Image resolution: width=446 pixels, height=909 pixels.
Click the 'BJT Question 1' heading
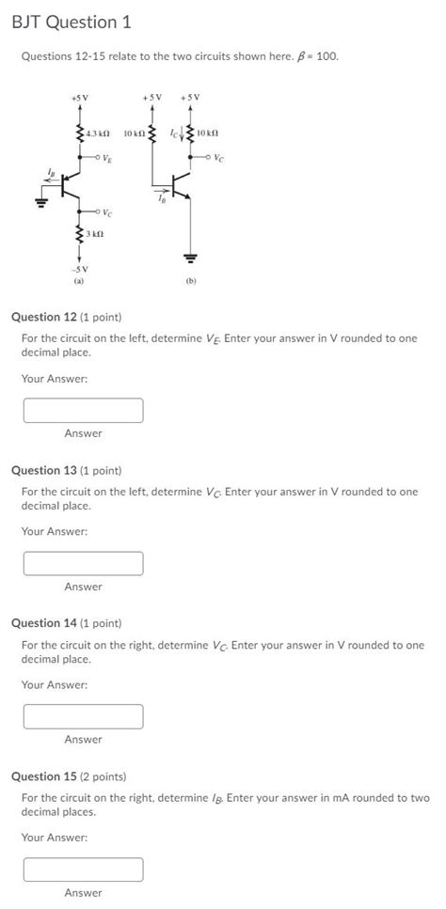click(x=71, y=22)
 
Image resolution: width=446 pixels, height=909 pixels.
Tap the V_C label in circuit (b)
click(x=219, y=157)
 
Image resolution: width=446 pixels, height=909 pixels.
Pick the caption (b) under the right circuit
click(x=192, y=280)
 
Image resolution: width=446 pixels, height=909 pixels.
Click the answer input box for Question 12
click(x=84, y=410)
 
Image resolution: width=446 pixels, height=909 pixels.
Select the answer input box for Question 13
click(x=84, y=563)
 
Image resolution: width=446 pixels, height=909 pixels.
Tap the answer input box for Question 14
click(x=84, y=716)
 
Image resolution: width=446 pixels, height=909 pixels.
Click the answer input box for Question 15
click(x=84, y=870)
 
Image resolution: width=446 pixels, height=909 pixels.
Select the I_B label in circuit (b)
click(x=163, y=197)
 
